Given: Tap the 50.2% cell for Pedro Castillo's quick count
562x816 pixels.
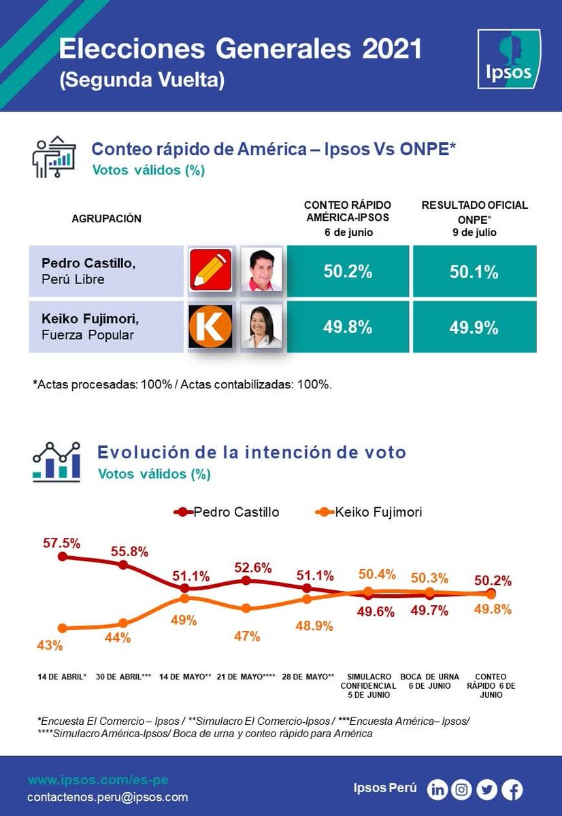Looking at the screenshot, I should coord(348,272).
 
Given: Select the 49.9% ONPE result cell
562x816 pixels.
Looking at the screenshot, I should coord(474,327).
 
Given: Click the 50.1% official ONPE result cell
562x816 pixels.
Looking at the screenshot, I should coord(474,272).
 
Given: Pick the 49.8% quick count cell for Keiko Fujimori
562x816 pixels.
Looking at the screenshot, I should coord(348,327).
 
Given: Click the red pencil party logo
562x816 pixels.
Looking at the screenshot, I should coord(210,270).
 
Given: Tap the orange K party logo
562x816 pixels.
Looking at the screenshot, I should coord(210,326).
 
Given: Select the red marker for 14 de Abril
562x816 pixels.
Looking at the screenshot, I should coord(62,556).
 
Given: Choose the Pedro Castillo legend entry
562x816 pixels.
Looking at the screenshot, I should coord(227,512).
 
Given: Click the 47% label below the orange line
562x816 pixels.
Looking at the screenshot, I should coord(247,636).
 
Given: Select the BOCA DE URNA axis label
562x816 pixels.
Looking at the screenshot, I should coord(429,681).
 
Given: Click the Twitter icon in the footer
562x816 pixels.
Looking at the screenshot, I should coord(486,789).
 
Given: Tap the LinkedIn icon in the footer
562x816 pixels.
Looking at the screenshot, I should coord(437,789).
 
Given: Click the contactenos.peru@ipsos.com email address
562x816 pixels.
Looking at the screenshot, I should coord(108,797).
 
